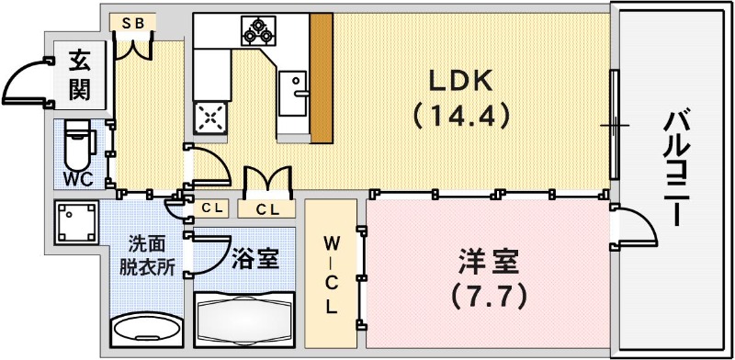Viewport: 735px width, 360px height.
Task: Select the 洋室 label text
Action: [488, 262]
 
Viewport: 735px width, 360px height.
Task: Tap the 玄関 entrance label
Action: [77, 76]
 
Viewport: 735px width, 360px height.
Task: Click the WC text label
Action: [77, 178]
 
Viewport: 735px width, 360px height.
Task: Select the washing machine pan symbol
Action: [75, 221]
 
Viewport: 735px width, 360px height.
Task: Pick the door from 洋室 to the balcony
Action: [635, 230]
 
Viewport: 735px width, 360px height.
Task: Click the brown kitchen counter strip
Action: [322, 75]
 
